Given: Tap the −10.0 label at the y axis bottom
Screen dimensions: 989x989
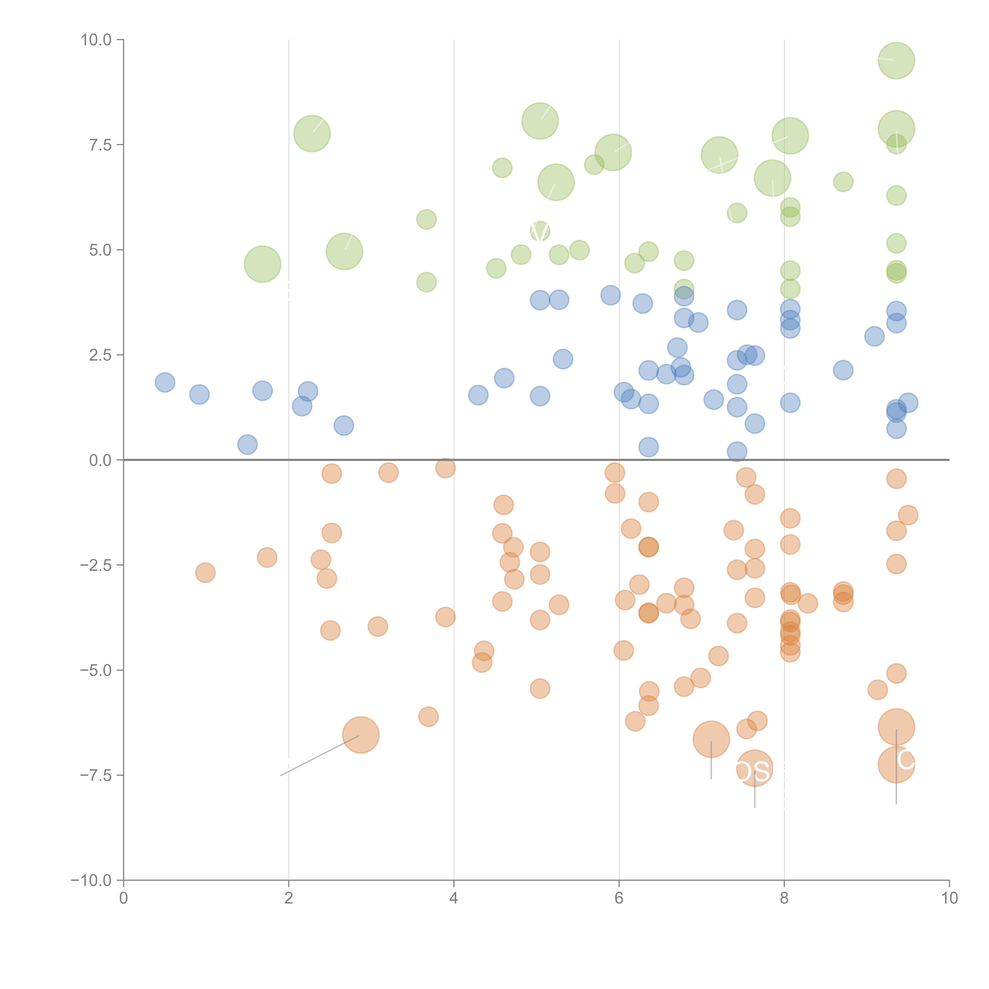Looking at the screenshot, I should tap(91, 880).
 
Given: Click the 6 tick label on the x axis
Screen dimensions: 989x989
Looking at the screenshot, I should tap(619, 898).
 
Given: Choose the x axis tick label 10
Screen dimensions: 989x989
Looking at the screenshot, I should tap(949, 898).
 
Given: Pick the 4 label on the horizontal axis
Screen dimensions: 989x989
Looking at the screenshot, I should tap(454, 898).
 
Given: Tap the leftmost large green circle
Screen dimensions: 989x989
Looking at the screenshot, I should tap(262, 264).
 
